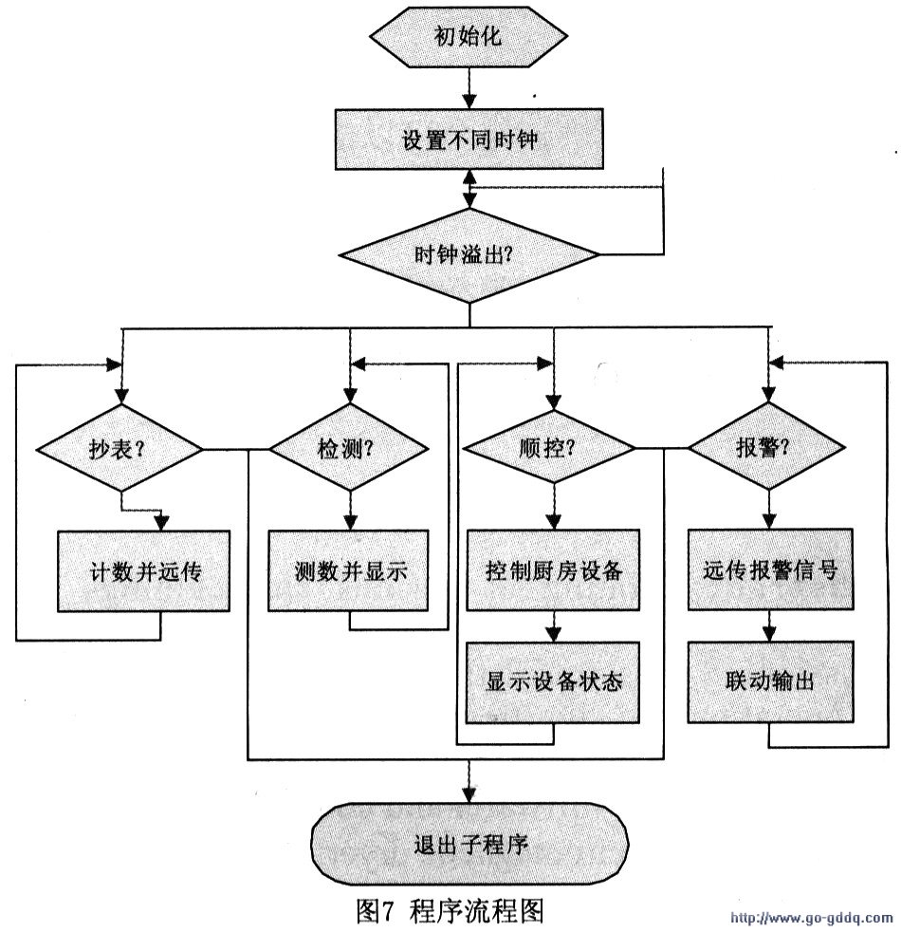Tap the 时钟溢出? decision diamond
click(x=469, y=254)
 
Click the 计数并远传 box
click(x=144, y=570)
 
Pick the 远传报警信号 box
click(x=769, y=570)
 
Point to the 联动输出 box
click(x=769, y=681)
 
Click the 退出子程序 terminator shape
click(x=469, y=843)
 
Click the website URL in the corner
click(x=810, y=918)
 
